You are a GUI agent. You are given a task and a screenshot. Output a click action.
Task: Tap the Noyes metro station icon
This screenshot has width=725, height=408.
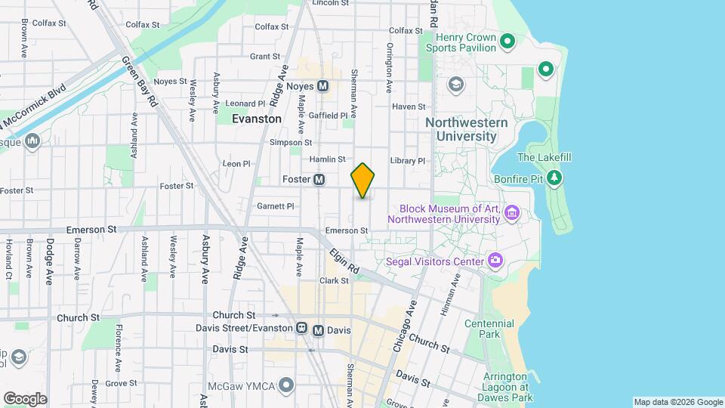click(x=322, y=86)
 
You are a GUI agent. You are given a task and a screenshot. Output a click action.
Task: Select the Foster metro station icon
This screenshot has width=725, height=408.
click(x=319, y=180)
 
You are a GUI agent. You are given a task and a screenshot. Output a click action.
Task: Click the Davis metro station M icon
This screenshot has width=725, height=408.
click(x=318, y=330)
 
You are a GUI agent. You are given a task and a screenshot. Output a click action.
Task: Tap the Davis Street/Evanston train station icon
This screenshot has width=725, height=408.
click(x=301, y=329)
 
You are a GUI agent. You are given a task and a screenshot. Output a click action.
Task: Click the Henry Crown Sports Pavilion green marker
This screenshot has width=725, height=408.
click(x=508, y=41)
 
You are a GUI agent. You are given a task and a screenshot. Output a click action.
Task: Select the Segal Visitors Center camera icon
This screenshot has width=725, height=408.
click(x=495, y=261)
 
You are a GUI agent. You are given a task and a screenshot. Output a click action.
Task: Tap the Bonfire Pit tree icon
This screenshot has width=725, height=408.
click(x=555, y=178)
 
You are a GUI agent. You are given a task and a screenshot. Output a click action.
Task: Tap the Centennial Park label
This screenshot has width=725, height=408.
click(x=489, y=329)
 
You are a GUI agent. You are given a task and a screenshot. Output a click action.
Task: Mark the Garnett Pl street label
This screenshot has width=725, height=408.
click(x=275, y=206)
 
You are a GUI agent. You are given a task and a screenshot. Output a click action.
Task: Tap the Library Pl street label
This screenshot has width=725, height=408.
click(x=408, y=161)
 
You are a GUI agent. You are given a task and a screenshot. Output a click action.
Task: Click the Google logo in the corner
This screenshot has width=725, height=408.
click(x=25, y=399)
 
